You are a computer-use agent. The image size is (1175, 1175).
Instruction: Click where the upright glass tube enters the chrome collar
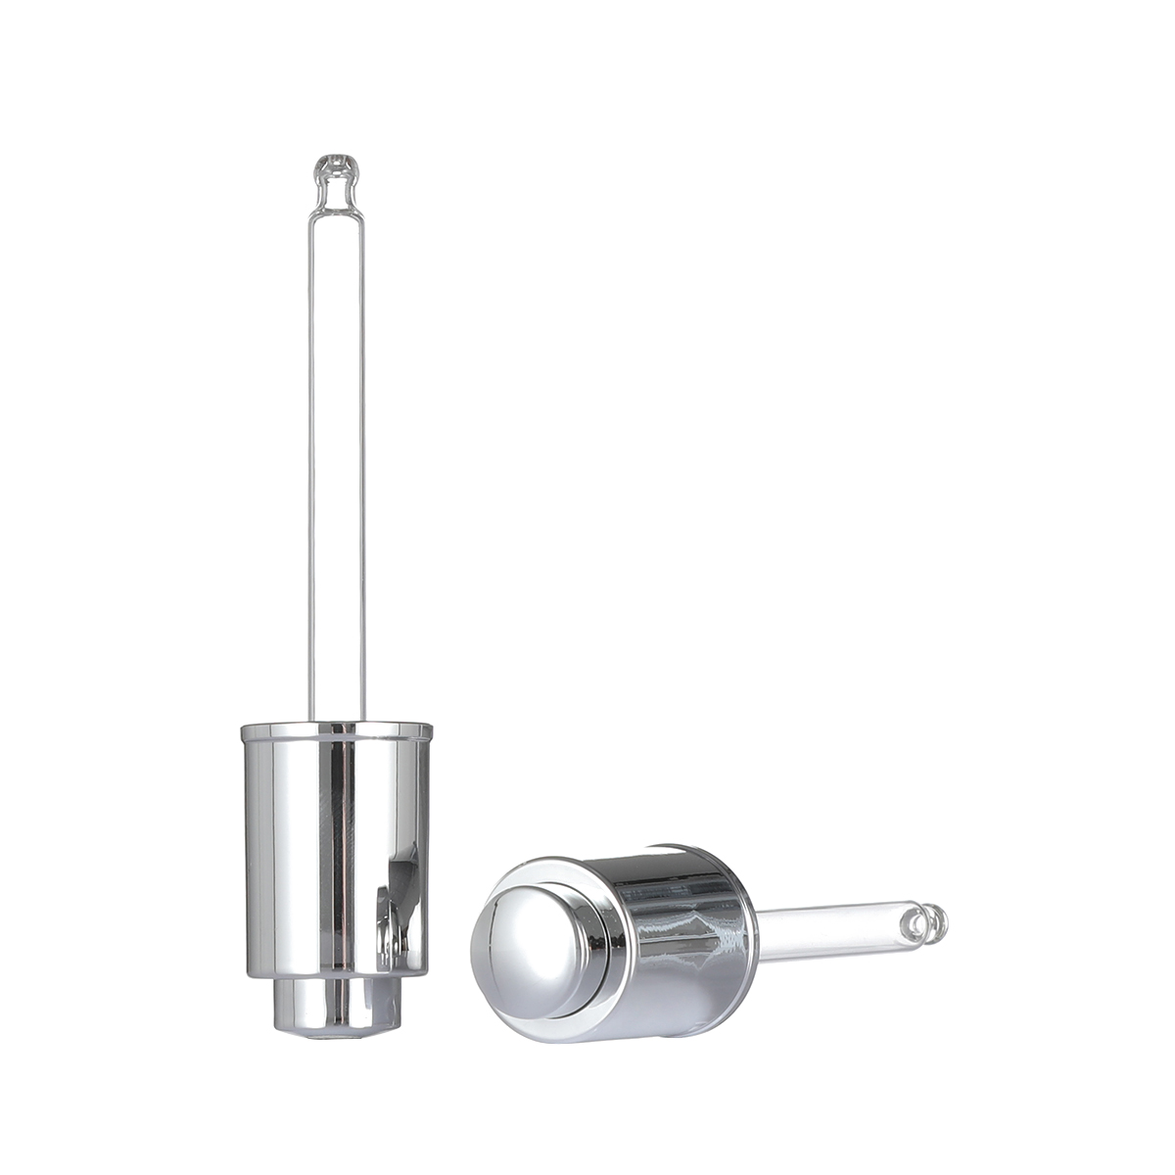click(336, 720)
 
